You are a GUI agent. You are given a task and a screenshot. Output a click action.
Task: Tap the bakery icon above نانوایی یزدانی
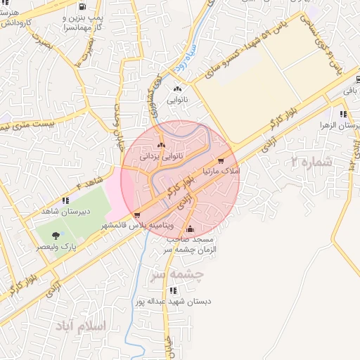point(162,145)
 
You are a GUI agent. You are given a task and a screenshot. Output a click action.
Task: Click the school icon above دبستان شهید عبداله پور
point(172,290)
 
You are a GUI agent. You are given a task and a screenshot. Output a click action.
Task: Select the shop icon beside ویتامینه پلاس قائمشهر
point(137,215)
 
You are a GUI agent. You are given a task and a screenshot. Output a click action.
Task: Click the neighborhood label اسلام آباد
point(79,326)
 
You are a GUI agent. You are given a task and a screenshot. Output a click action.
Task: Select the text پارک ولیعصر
point(56,247)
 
